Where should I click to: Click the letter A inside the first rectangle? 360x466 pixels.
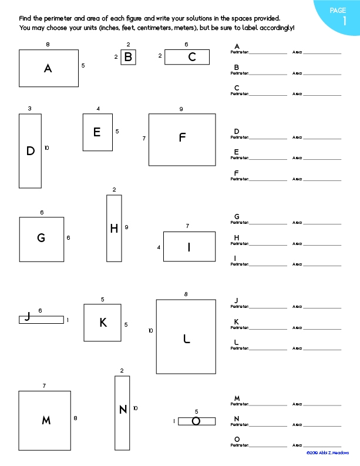tap(48, 69)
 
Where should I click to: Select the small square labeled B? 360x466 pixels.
tap(128, 57)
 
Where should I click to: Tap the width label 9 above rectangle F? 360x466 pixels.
tap(181, 109)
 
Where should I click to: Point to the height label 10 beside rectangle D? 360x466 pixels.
tap(46, 148)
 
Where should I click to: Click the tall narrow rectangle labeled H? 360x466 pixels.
tap(114, 229)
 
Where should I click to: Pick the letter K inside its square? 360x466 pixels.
tap(103, 323)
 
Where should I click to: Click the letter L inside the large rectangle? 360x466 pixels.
tap(187, 338)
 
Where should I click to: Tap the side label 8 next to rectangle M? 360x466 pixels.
tap(75, 418)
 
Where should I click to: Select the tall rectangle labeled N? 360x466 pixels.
tap(122, 413)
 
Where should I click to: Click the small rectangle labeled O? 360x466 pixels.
tap(197, 421)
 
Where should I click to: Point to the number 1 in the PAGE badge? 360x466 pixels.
tap(344, 22)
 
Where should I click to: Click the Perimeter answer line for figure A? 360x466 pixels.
tap(268, 53)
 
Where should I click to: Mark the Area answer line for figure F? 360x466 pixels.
tap(322, 179)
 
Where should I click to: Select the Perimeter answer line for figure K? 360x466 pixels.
tap(268, 327)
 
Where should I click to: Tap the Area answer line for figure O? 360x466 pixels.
tap(322, 446)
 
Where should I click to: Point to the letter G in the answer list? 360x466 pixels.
tap(237, 216)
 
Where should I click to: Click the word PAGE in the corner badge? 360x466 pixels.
tap(338, 10)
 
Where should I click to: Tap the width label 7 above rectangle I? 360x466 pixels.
tap(187, 226)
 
